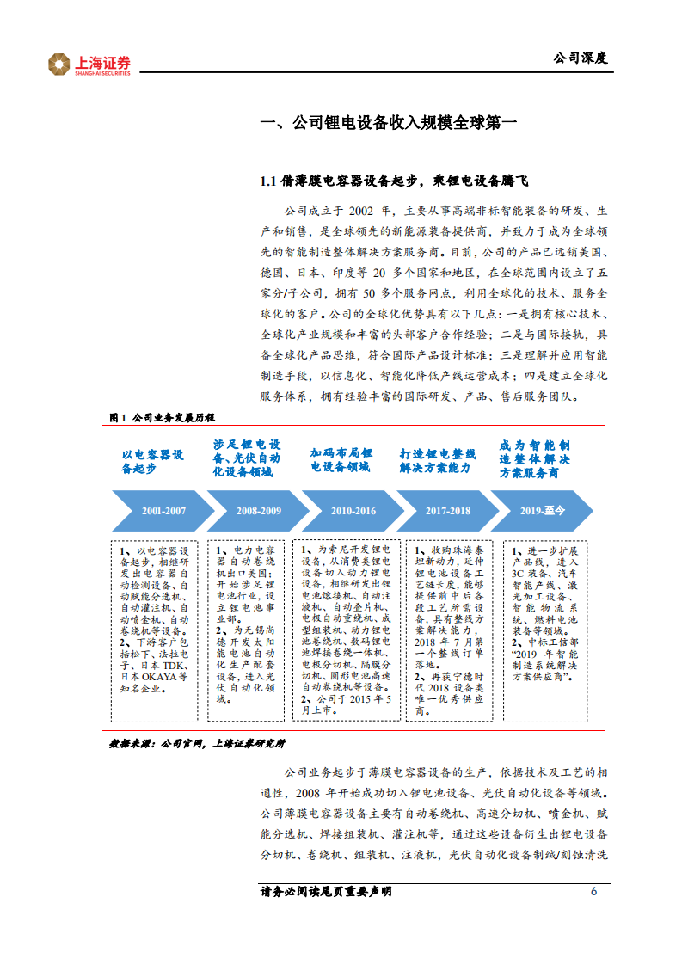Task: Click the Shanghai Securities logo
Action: click(89, 64)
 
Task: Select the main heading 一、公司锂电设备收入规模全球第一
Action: click(389, 123)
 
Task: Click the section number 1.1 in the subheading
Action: click(268, 181)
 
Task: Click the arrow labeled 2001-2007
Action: click(163, 511)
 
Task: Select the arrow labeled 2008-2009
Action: click(258, 511)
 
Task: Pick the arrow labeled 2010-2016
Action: click(353, 511)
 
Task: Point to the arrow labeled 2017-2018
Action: click(447, 511)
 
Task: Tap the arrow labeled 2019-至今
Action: click(542, 511)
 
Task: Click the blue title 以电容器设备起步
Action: click(152, 462)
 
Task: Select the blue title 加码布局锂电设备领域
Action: click(341, 460)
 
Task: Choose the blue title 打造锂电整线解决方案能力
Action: click(437, 460)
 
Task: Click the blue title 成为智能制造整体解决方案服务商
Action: click(534, 460)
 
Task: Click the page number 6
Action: click(593, 891)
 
